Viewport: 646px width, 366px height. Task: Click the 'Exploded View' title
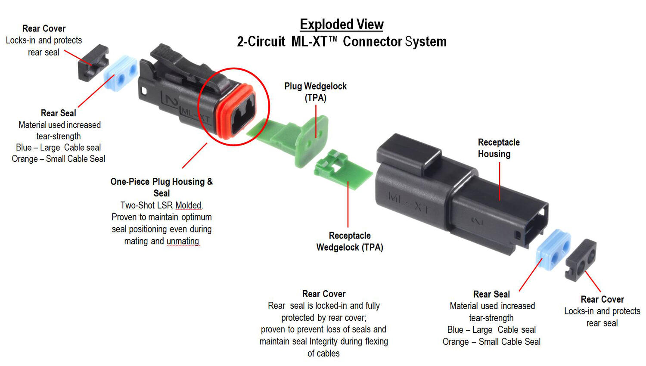point(342,25)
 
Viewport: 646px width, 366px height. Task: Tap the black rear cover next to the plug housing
point(92,63)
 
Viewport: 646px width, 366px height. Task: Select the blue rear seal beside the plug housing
point(121,73)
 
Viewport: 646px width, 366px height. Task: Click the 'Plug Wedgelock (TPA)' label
point(315,92)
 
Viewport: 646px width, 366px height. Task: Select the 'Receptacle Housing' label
point(498,148)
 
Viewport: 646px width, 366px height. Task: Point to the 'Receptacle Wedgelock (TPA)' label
point(349,241)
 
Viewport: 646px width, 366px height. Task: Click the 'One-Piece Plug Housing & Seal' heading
point(161,187)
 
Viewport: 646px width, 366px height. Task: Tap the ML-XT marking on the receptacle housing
point(409,203)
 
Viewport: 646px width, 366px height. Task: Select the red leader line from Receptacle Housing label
point(500,181)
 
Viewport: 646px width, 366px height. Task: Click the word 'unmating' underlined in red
point(183,241)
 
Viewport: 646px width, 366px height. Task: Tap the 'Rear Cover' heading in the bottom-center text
point(324,294)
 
